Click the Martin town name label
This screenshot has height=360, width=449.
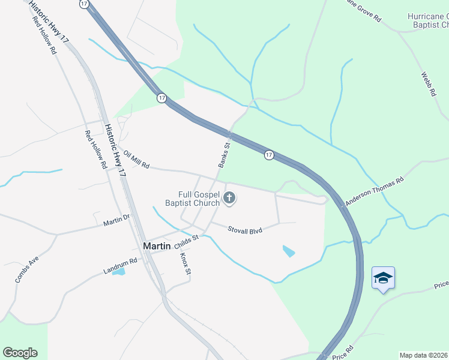pyautogui.click(x=157, y=246)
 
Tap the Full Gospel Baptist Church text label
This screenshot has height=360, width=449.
pyautogui.click(x=199, y=199)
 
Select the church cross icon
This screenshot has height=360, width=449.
pyautogui.click(x=229, y=198)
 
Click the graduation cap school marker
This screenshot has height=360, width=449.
pyautogui.click(x=383, y=278)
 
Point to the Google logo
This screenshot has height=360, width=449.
pyautogui.click(x=20, y=353)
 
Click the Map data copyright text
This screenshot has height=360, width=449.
pyautogui.click(x=423, y=355)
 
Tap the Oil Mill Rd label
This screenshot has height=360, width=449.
pyautogui.click(x=136, y=160)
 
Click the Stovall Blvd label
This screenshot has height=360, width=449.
pyautogui.click(x=245, y=229)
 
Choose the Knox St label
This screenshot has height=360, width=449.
pyautogui.click(x=185, y=264)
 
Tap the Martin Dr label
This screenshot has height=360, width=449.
pyautogui.click(x=116, y=220)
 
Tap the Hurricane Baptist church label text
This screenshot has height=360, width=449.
pyautogui.click(x=427, y=20)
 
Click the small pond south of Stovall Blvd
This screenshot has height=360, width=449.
pyautogui.click(x=289, y=251)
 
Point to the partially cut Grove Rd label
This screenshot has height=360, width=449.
pyautogui.click(x=361, y=11)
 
